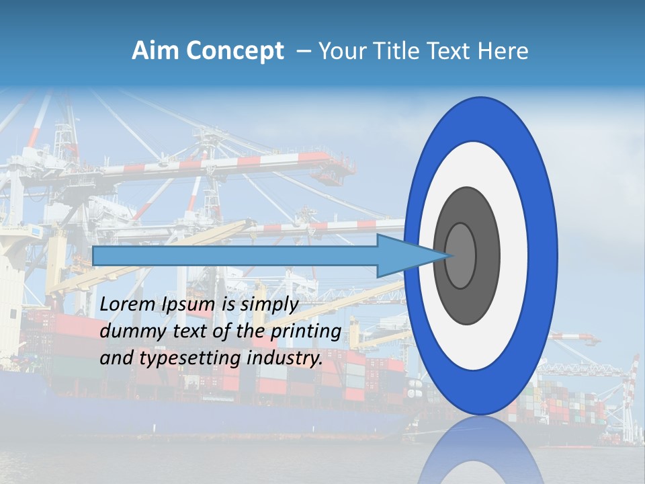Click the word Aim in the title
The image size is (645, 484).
pos(155,51)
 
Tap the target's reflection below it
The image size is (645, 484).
pos(481,450)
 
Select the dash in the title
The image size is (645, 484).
pos(303,52)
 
